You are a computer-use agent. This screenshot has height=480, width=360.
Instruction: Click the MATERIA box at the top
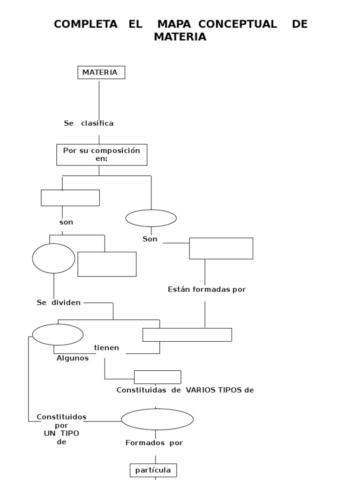click(x=101, y=72)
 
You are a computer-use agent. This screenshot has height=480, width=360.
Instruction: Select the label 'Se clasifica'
click(x=89, y=123)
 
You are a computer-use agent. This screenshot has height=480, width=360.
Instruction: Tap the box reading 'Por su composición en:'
click(x=102, y=155)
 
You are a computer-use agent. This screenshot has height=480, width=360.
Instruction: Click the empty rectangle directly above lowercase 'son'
click(x=70, y=198)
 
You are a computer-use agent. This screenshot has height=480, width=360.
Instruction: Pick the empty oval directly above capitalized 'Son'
click(x=151, y=218)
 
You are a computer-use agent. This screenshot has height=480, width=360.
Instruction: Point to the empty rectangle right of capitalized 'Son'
click(x=221, y=248)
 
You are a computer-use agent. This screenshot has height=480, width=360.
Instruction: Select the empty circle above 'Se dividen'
click(x=53, y=258)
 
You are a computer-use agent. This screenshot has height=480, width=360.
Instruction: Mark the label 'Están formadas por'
click(x=207, y=290)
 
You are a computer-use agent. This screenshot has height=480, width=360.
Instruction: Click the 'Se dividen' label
click(x=59, y=302)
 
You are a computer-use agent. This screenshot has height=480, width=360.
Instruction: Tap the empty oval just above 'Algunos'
click(x=58, y=335)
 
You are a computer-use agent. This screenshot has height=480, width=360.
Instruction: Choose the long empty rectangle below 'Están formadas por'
click(x=187, y=335)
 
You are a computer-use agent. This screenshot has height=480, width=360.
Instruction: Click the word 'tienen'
click(x=106, y=347)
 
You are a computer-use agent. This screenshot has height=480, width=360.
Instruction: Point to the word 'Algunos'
click(x=73, y=358)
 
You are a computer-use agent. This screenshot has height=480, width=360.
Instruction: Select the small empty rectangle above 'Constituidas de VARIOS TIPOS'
click(x=157, y=377)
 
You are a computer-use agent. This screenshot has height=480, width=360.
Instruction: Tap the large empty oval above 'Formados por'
click(x=157, y=419)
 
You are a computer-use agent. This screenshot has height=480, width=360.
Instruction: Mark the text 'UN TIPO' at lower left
click(x=61, y=433)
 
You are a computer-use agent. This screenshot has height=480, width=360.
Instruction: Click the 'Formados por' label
click(x=154, y=442)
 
